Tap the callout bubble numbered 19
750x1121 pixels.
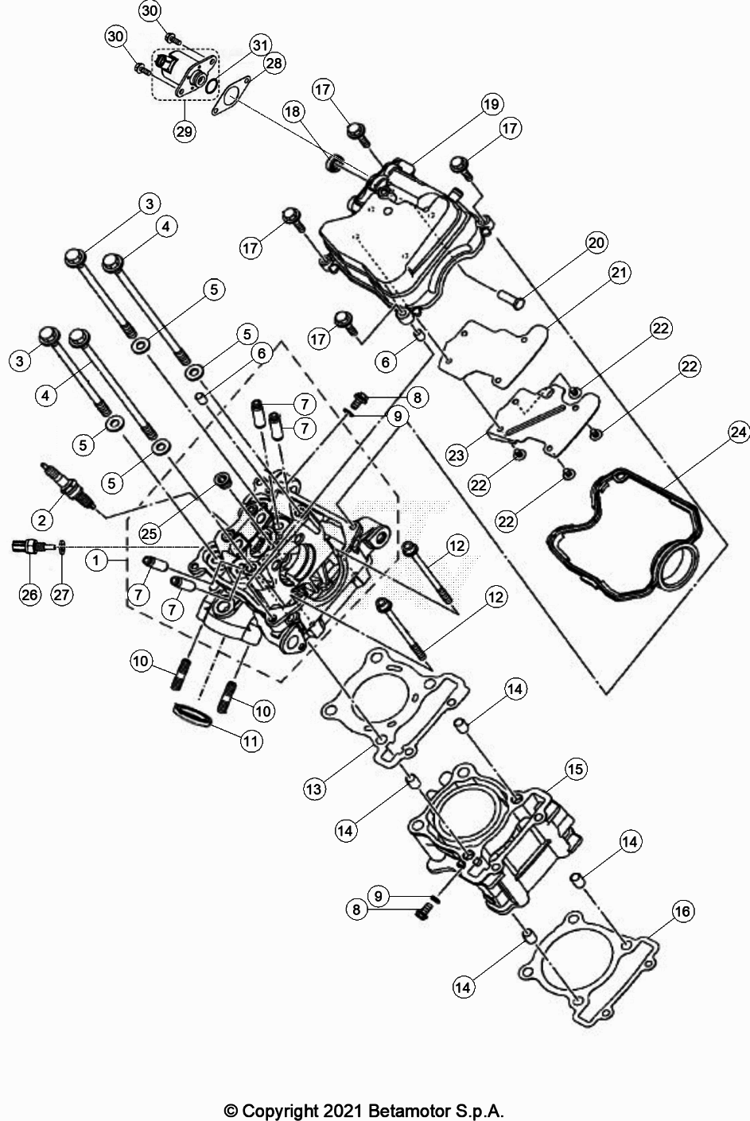pos(492,104)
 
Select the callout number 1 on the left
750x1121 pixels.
pos(95,560)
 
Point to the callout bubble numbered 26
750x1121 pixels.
pos(29,595)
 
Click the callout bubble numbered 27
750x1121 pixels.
pos(63,595)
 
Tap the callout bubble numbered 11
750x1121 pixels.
pos(251,742)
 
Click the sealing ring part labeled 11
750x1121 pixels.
pos(192,713)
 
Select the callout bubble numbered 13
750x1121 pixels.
pos(314,788)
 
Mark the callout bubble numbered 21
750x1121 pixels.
pos(620,273)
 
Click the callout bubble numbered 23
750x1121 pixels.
pos(456,456)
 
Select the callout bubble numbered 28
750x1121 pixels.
pos(273,64)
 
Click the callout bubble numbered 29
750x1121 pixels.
pos(185,131)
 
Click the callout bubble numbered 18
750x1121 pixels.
pos(293,112)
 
